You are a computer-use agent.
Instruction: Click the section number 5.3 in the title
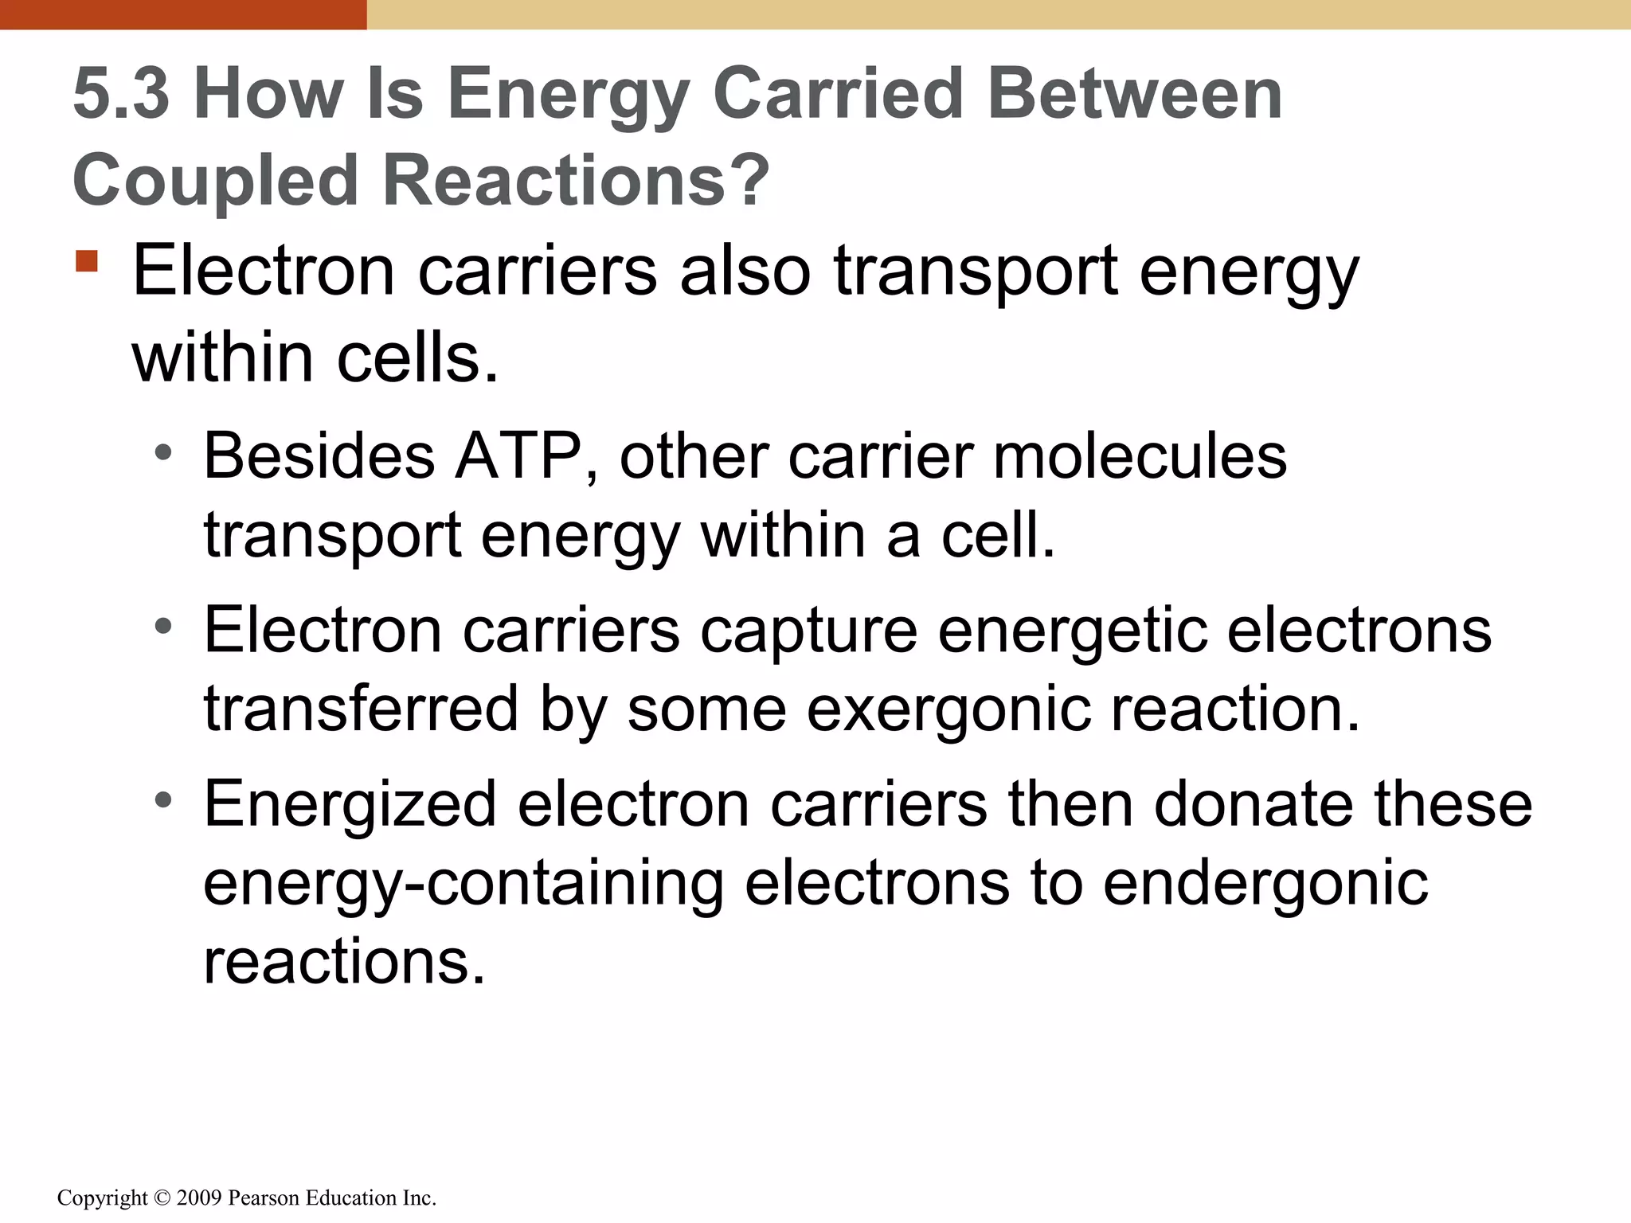(x=121, y=94)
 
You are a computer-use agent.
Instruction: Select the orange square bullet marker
(x=87, y=261)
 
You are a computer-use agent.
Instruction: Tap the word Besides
(x=319, y=456)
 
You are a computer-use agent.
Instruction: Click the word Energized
(x=350, y=804)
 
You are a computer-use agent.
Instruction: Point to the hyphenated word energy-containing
(x=463, y=883)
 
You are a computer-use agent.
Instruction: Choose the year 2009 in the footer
(x=199, y=1198)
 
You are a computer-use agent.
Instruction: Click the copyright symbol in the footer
(x=162, y=1198)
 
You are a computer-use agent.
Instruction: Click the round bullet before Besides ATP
(x=163, y=453)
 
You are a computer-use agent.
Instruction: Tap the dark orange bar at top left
(x=183, y=14)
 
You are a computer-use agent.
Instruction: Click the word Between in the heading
(x=1134, y=94)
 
